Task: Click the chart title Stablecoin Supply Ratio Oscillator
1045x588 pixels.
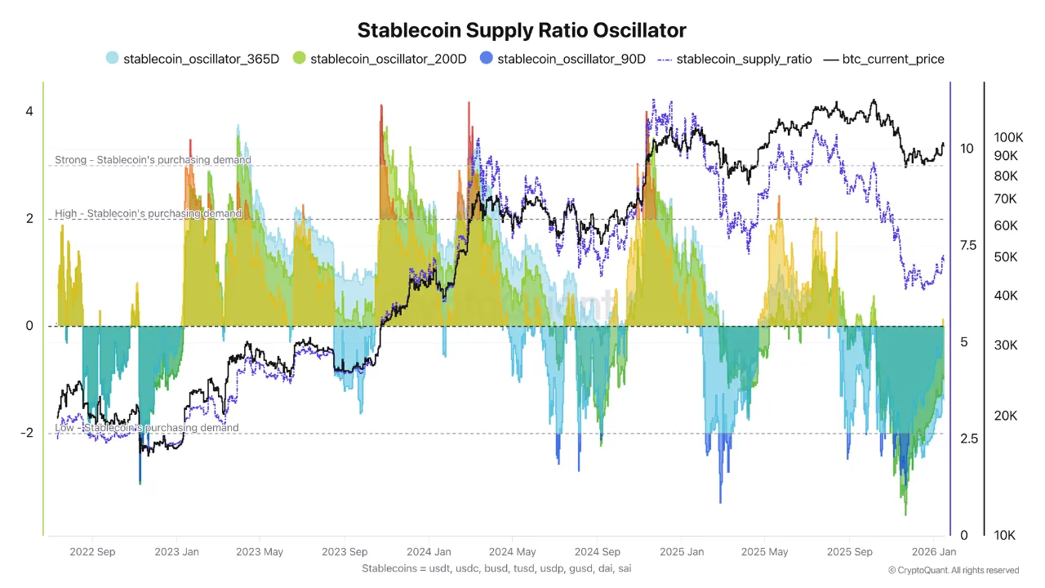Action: pyautogui.click(x=522, y=30)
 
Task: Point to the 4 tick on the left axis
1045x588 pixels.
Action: pyautogui.click(x=29, y=111)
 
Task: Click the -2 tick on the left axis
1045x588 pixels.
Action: pyautogui.click(x=27, y=433)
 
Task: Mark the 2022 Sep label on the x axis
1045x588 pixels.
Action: pyautogui.click(x=93, y=552)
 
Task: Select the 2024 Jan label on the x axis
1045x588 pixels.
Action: pyautogui.click(x=429, y=552)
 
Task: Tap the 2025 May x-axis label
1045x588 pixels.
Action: pyautogui.click(x=764, y=552)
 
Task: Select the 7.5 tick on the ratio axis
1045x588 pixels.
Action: pyautogui.click(x=967, y=245)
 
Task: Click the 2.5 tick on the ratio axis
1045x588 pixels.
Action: pyautogui.click(x=967, y=439)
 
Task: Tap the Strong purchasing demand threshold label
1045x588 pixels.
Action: pyautogui.click(x=153, y=160)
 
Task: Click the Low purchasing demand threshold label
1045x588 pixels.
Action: pyautogui.click(x=147, y=428)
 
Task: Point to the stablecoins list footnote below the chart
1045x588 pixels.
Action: pyautogui.click(x=496, y=568)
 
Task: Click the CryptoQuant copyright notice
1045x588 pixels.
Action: pyautogui.click(x=953, y=570)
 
